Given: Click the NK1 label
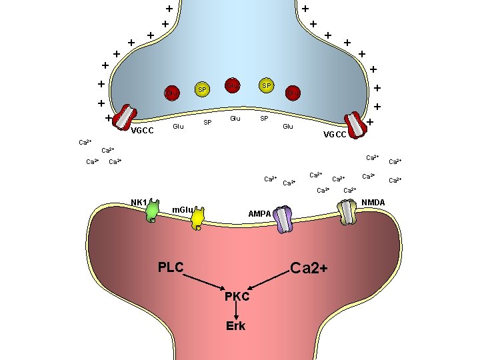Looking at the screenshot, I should click(x=139, y=202).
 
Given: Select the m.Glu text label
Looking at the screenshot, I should click(x=182, y=211).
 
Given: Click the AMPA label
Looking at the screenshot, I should click(x=259, y=214).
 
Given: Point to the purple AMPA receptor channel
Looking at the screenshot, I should click(x=283, y=219).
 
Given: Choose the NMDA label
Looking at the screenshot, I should click(x=373, y=202).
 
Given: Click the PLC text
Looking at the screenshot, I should click(x=171, y=267).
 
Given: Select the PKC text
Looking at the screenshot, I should click(x=237, y=296).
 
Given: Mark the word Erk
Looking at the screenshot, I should click(x=236, y=325).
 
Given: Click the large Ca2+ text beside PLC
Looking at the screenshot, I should click(x=309, y=268).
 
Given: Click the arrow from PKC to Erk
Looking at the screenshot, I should click(x=236, y=310).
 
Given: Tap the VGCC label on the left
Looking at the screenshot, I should click(x=142, y=131).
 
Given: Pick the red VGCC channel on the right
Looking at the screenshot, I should click(x=355, y=125).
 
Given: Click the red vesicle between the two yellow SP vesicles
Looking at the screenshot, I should click(x=231, y=85).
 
